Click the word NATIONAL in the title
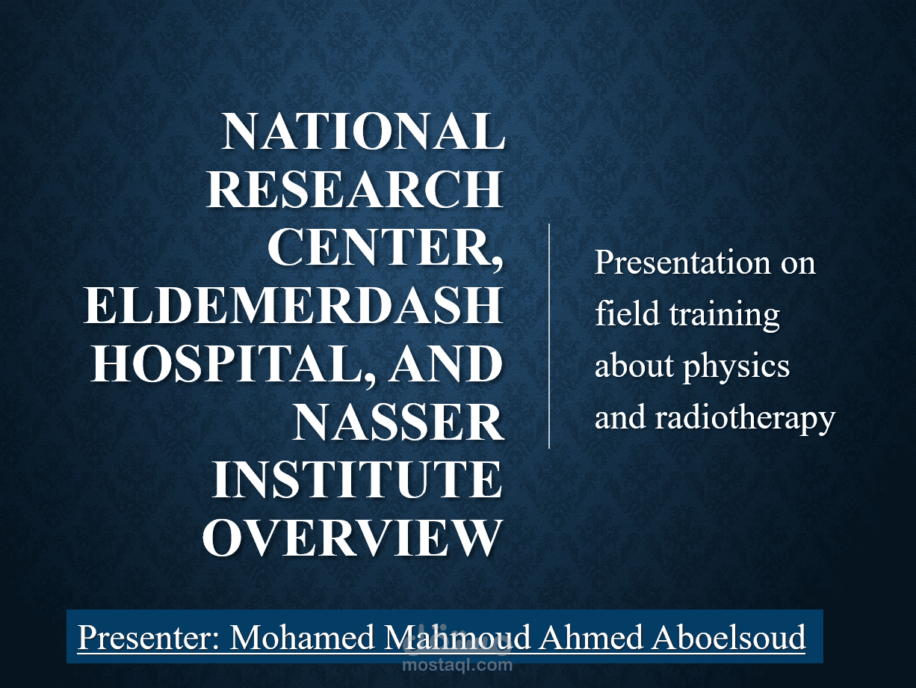click(362, 132)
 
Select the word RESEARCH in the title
click(353, 190)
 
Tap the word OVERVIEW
click(351, 538)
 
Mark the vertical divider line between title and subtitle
click(549, 336)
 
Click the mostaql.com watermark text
click(457, 663)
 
